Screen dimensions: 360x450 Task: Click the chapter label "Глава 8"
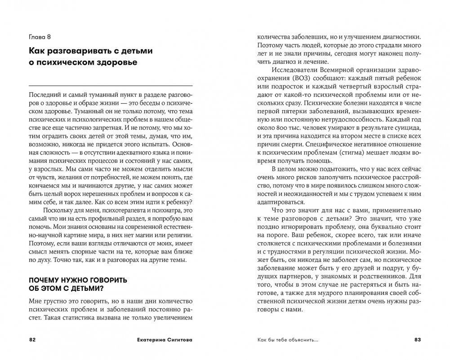coord(40,36)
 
